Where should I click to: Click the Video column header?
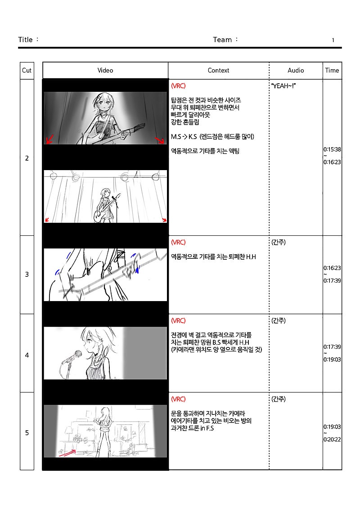pyautogui.click(x=105, y=71)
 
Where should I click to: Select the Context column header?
pyautogui.click(x=218, y=71)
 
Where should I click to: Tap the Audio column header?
pyautogui.click(x=296, y=71)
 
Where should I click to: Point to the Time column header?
pyautogui.click(x=332, y=71)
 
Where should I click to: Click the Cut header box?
pyautogui.click(x=27, y=71)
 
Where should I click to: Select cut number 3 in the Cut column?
pyautogui.click(x=27, y=274)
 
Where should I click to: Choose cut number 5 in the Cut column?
pyautogui.click(x=27, y=432)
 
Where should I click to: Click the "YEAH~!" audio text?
pyautogui.click(x=283, y=86)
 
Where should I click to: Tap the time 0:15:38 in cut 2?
pyautogui.click(x=332, y=149)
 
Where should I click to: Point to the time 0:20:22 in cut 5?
pyautogui.click(x=332, y=440)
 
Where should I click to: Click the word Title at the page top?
pyautogui.click(x=25, y=40)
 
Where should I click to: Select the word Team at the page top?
pyautogui.click(x=222, y=40)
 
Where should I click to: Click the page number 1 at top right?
pyautogui.click(x=333, y=40)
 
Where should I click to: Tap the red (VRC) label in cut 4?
pyautogui.click(x=178, y=321)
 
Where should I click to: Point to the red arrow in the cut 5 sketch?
pyautogui.click(x=67, y=453)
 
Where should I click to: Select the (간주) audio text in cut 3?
pyautogui.click(x=279, y=243)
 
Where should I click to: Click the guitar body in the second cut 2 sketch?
pyautogui.click(x=99, y=216)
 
